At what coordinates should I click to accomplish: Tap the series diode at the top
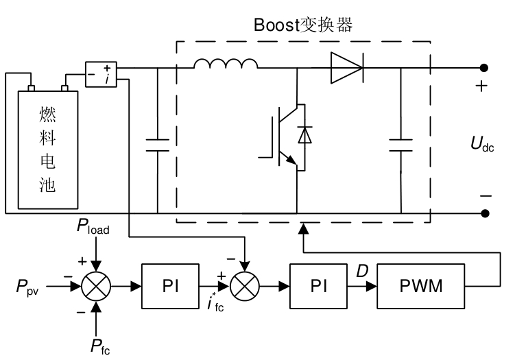click(346, 67)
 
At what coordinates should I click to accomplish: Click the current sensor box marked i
click(101, 73)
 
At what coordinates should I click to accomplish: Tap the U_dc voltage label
click(482, 144)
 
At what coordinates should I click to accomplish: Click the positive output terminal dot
click(484, 67)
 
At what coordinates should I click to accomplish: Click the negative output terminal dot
click(484, 213)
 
